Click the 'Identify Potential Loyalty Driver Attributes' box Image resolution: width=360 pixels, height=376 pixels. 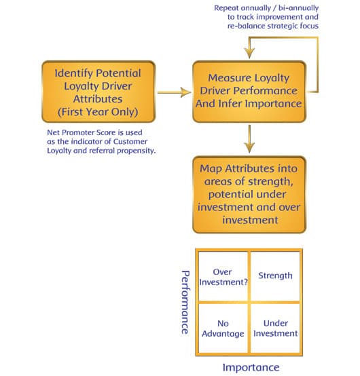point(98,92)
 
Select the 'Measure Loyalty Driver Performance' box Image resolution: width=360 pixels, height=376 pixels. point(249,92)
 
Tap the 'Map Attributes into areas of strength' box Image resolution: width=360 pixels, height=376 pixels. point(249,195)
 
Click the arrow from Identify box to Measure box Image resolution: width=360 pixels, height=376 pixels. point(175,92)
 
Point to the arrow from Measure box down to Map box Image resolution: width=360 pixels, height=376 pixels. point(249,138)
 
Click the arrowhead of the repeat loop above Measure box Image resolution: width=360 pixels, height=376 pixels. point(249,53)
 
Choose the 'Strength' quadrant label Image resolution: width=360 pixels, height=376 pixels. point(275,276)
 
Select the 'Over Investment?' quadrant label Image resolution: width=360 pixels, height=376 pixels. point(223,277)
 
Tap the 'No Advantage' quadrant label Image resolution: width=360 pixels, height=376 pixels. point(223,328)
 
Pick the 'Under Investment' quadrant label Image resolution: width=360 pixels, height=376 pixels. point(276,328)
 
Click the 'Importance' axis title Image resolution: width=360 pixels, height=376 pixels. point(251,367)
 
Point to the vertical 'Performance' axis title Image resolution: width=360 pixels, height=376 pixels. point(185,303)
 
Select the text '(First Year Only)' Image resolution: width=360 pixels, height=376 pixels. point(98,112)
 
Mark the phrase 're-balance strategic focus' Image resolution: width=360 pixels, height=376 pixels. point(273,26)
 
